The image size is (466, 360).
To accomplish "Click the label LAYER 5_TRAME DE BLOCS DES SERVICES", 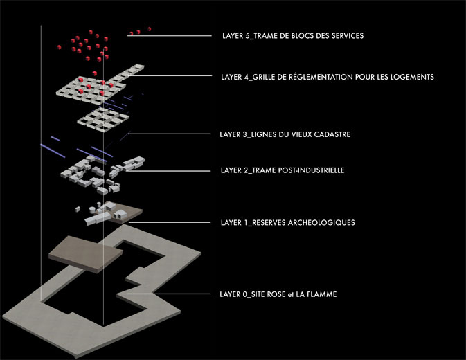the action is (x=293, y=36).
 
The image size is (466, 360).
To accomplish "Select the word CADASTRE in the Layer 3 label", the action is (x=332, y=134).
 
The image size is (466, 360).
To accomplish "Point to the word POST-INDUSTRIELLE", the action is (x=311, y=170).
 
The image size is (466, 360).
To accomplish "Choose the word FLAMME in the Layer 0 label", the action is (x=322, y=294).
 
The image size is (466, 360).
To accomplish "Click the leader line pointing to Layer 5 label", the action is (x=170, y=36).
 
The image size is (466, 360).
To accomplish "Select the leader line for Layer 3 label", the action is (x=170, y=134).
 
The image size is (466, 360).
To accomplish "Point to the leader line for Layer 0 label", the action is (x=169, y=294).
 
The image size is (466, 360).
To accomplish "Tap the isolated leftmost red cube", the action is (x=59, y=47).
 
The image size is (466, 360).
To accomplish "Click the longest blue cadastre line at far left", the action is (x=53, y=151).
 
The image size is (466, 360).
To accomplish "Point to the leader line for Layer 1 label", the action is (x=170, y=222).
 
